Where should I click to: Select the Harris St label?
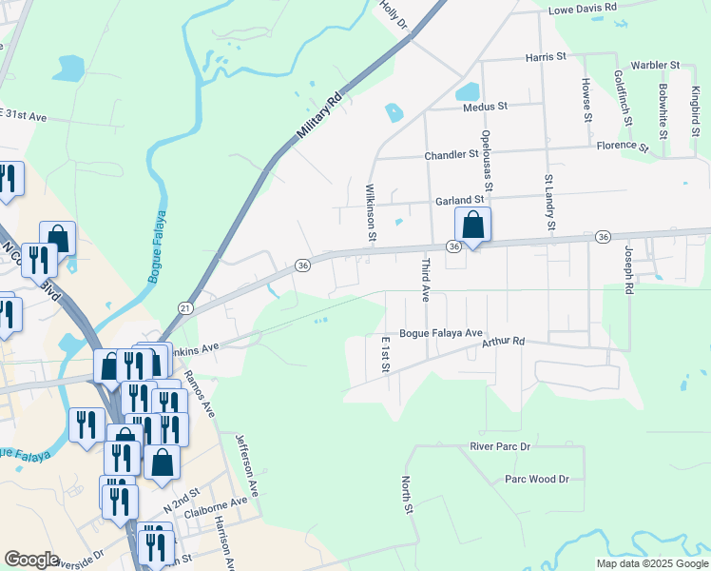tap(546, 57)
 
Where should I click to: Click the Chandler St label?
tap(452, 154)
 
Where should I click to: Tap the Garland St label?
tap(460, 200)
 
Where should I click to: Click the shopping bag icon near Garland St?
tap(472, 226)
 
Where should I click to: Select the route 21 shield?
tap(185, 308)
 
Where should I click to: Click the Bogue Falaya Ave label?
tap(441, 333)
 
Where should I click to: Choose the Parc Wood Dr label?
tap(537, 480)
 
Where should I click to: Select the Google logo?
tap(31, 560)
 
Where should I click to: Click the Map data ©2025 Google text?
tap(651, 563)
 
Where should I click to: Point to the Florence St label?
tap(622, 147)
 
